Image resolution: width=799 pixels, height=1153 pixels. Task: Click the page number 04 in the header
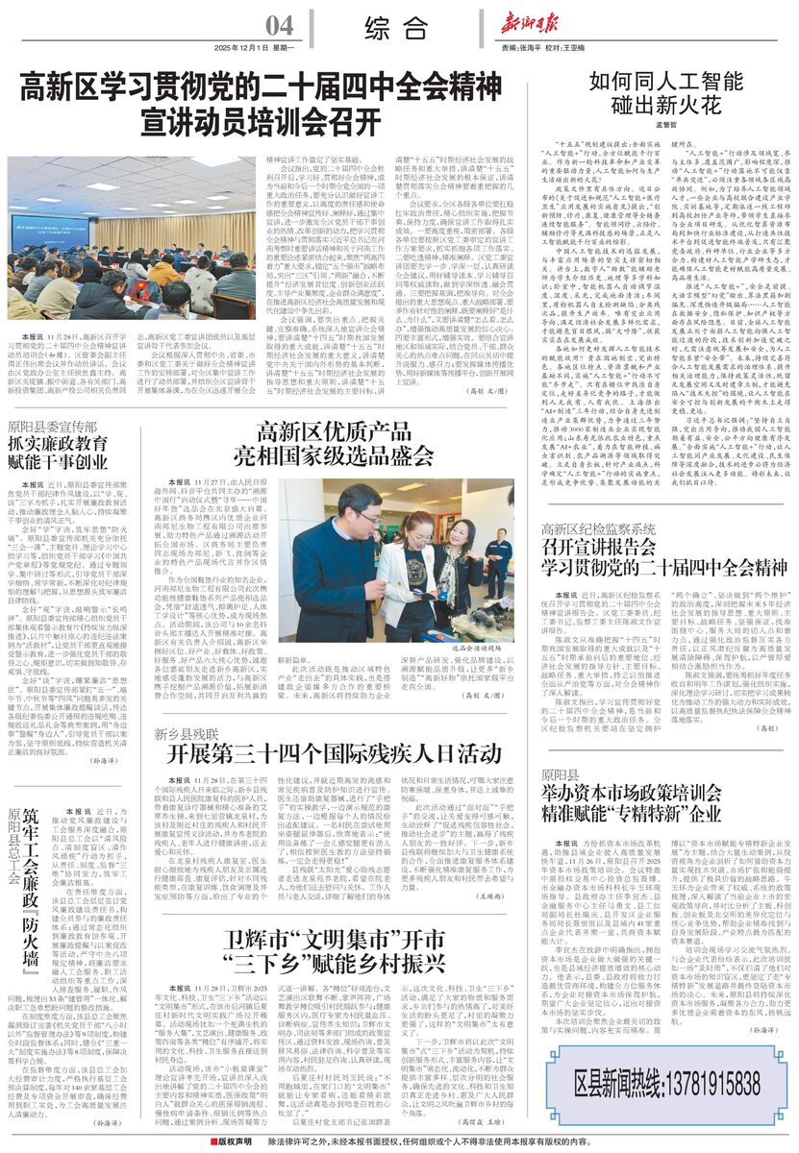pyautogui.click(x=281, y=25)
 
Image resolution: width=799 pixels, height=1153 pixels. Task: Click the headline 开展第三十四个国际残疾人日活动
pyautogui.click(x=323, y=751)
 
